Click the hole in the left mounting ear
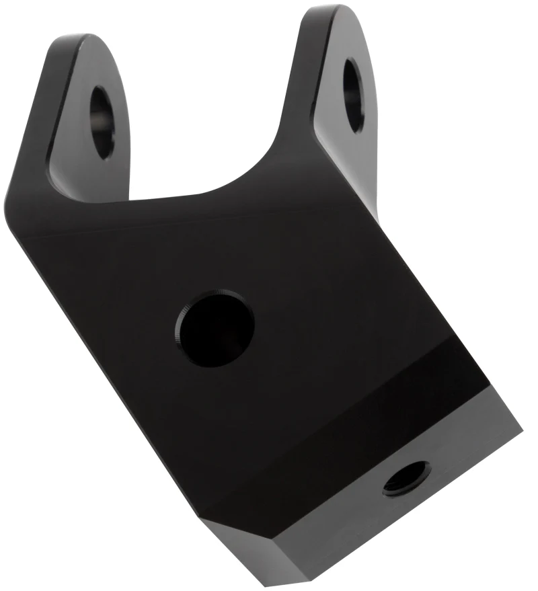(x=102, y=121)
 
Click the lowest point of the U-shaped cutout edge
(x=202, y=196)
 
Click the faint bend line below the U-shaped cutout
(x=202, y=225)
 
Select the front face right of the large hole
(x=323, y=316)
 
